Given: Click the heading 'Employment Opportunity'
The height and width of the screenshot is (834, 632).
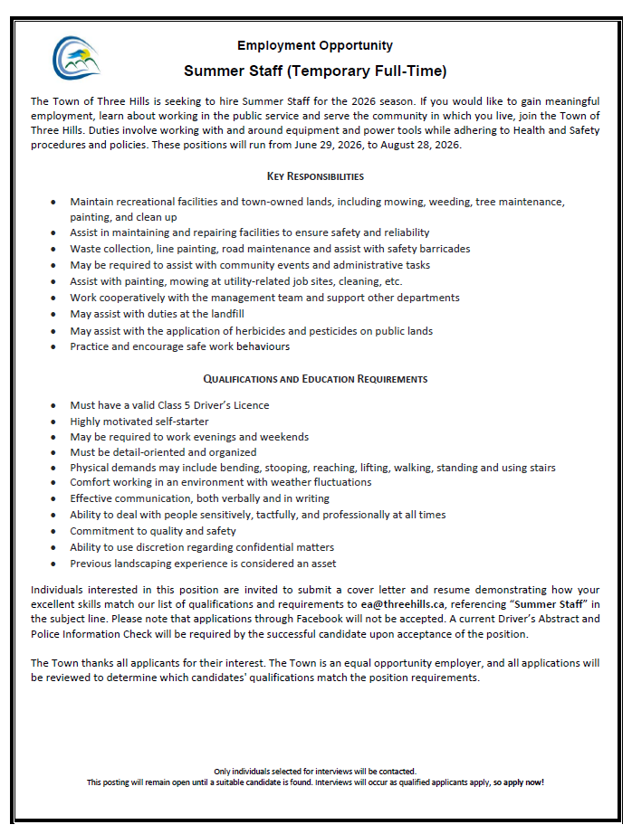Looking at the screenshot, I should point(315,45).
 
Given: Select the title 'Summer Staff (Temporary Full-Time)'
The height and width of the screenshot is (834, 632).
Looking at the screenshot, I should point(315,71).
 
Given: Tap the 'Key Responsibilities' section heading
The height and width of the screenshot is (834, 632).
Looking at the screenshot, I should point(315,175).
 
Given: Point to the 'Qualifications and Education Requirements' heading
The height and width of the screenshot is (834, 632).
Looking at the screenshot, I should point(315,378).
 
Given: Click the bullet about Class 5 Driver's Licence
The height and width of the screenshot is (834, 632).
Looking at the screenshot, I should point(169,404).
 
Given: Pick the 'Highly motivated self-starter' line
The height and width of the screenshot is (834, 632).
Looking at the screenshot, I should point(139,421).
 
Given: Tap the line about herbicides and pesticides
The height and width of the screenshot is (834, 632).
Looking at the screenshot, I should point(251,330).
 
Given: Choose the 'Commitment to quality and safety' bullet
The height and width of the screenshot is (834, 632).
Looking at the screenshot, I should point(153,531).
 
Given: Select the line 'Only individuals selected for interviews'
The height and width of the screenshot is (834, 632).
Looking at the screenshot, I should point(315,772).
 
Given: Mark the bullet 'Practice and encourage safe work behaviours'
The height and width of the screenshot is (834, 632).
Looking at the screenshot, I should point(180,346).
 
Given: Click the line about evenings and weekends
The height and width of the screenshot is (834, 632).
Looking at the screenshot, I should point(189,437).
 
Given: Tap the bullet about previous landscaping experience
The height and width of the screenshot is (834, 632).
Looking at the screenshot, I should point(202,564).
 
